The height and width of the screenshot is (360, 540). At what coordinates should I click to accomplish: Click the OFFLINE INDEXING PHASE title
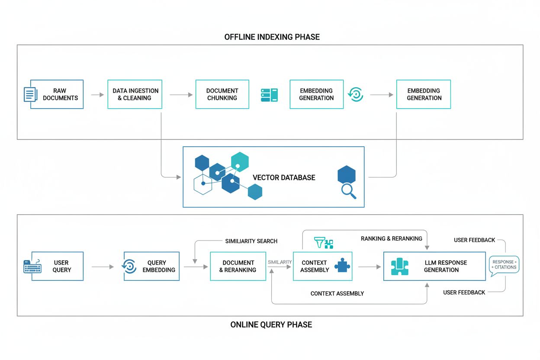[x=272, y=37]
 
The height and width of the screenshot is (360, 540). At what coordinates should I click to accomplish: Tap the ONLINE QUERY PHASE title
[x=271, y=325]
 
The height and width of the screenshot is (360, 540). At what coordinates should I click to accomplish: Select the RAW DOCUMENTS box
[x=57, y=94]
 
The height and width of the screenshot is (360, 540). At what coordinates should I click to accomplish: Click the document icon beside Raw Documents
[x=29, y=94]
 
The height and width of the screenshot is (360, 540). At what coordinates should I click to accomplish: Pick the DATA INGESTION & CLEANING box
[x=135, y=94]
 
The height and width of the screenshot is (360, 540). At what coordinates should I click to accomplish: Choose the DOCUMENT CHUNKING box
[x=222, y=94]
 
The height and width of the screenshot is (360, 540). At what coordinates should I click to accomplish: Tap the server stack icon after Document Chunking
[x=269, y=95]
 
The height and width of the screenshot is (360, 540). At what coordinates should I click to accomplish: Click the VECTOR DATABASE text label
[x=284, y=177]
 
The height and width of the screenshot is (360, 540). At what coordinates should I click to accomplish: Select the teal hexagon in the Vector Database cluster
[x=240, y=161]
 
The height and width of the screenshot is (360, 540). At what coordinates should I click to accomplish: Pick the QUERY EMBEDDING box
[x=151, y=266]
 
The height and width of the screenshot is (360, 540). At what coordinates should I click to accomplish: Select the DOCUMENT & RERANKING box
[x=238, y=266]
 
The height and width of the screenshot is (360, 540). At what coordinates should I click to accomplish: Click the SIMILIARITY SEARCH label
[x=251, y=241]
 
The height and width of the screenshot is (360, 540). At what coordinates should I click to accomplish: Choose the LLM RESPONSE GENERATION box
[x=434, y=266]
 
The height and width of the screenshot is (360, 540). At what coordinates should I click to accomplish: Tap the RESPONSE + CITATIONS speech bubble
[x=504, y=265]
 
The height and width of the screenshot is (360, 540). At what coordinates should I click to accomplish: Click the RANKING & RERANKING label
[x=391, y=238]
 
